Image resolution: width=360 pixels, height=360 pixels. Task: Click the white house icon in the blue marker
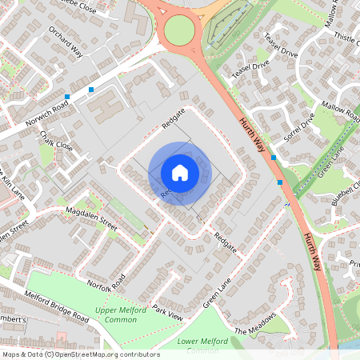tap(180, 172)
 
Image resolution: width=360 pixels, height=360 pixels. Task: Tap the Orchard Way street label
tap(66, 42)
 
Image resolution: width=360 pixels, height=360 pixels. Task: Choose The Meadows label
tap(254, 325)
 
